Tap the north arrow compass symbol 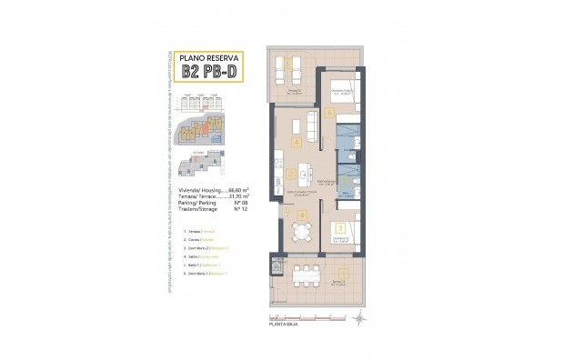[363, 317]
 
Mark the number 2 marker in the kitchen [289, 173]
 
